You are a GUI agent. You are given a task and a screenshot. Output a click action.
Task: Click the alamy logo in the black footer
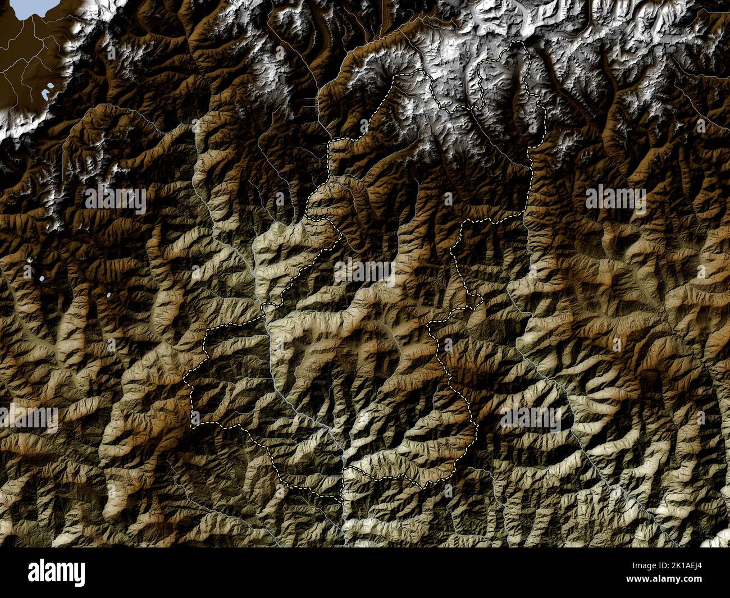click(56, 573)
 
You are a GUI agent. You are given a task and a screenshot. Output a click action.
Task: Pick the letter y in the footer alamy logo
click(80, 575)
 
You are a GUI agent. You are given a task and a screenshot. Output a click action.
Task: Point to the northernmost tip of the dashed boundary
click(520, 42)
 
